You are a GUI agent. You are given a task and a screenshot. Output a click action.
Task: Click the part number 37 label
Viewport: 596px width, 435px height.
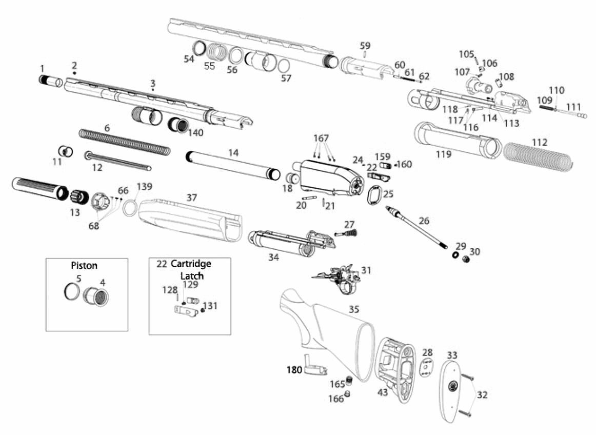192,197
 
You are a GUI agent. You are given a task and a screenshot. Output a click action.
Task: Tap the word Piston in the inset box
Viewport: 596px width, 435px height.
84,265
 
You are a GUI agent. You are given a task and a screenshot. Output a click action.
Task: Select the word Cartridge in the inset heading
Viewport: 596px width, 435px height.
191,264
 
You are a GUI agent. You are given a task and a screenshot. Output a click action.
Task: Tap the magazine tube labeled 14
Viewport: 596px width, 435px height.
233,166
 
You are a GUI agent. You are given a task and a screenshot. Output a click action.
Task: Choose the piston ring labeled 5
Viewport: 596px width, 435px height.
72,291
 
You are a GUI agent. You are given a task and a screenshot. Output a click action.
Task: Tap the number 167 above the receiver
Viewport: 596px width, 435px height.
322,138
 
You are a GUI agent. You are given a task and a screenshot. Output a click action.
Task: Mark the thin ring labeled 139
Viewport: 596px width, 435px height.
131,209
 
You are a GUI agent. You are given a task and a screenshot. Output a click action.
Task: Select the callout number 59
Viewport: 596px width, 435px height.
365,46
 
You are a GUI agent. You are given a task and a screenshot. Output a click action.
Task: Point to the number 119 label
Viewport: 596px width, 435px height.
444,154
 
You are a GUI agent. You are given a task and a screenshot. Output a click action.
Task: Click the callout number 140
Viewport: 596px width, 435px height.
195,132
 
